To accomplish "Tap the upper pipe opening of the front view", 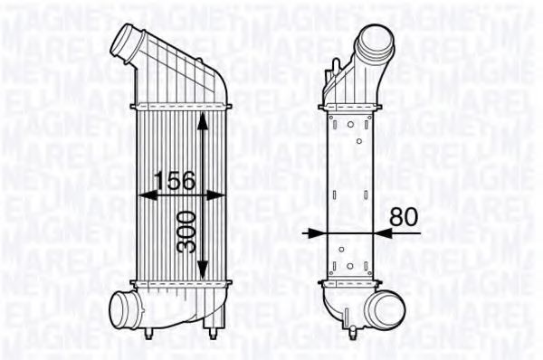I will [123, 41].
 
